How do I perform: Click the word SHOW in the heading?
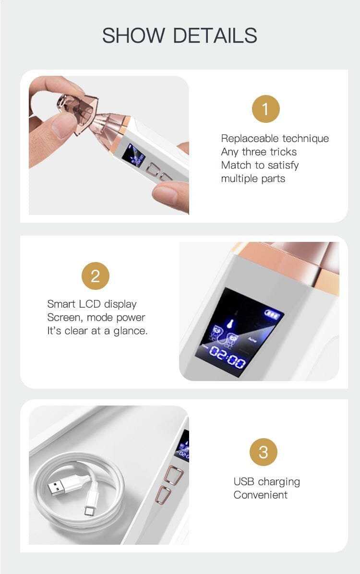coord(133,36)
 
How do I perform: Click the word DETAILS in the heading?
coord(215,36)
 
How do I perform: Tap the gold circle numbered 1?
coord(265,109)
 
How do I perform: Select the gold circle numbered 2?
coord(95,275)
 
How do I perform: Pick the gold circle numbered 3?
coord(264,452)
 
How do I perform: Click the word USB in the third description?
coord(243,481)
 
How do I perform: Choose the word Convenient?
coord(260,495)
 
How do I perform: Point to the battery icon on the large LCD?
coord(274,314)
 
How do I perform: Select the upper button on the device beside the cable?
coord(173,475)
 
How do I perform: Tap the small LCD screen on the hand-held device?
coord(133,155)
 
